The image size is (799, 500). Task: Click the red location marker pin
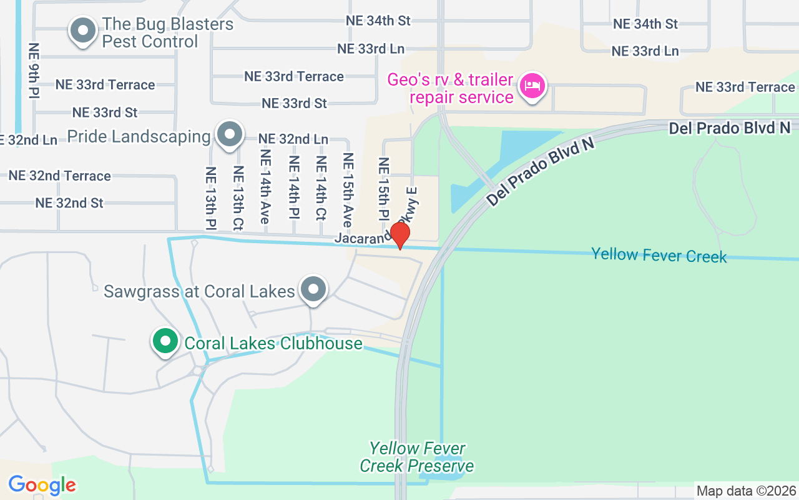[x=399, y=235]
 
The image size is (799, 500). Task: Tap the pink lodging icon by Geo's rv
[x=532, y=85]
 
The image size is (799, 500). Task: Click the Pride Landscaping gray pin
[x=229, y=134]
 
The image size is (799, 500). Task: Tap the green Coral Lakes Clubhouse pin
[x=165, y=342]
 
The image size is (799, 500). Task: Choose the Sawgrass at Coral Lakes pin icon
[x=313, y=289]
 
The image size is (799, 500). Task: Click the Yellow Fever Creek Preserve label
[x=416, y=457]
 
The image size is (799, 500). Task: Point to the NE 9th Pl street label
[x=34, y=70]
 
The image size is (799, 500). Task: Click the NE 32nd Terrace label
[x=60, y=176]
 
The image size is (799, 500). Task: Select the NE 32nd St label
[x=69, y=203]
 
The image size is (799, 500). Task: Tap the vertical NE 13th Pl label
[x=210, y=197]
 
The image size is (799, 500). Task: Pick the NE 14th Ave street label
[x=265, y=187]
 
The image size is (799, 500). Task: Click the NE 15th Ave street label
[x=348, y=190]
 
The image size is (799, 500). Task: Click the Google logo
[x=42, y=485]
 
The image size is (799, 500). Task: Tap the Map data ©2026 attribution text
[x=747, y=491]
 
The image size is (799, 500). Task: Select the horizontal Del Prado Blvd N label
[x=729, y=128]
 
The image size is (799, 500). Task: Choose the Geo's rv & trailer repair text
[x=450, y=89]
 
